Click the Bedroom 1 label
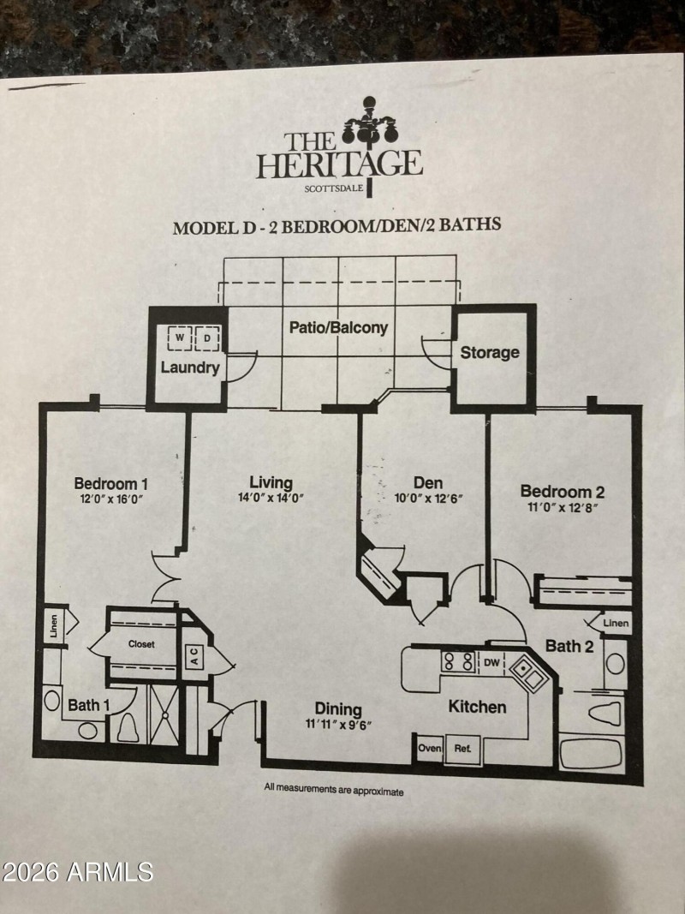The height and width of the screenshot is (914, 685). (x=116, y=482)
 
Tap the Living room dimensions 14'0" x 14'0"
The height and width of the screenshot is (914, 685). (x=271, y=498)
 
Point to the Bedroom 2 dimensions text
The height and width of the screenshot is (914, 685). (x=563, y=507)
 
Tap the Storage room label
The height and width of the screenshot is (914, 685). (x=490, y=352)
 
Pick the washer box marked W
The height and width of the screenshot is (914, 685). (x=181, y=338)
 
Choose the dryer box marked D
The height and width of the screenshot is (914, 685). (x=208, y=338)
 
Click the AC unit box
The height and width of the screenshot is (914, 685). (x=194, y=657)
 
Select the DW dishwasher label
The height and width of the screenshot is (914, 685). (x=491, y=661)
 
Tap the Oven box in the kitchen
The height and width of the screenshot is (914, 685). (x=430, y=748)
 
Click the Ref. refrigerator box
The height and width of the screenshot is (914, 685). (x=463, y=748)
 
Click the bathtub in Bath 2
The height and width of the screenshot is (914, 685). (x=591, y=754)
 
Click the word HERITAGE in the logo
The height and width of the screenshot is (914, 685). (x=340, y=163)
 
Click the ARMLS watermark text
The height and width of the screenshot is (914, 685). (x=77, y=872)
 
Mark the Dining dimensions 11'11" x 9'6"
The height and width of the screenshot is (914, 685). (x=337, y=725)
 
